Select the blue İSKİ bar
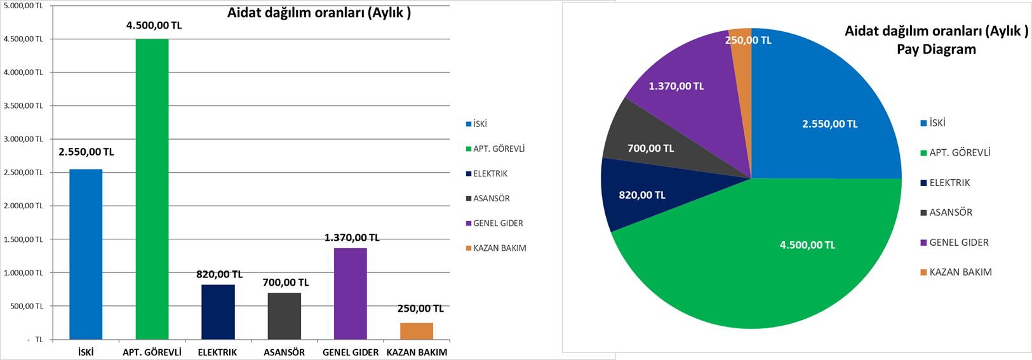86,254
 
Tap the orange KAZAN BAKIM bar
417,331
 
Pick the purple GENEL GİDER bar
350,293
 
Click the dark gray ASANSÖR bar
284,316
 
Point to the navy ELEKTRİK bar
218,312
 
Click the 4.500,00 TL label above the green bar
154,25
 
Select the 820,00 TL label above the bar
219,274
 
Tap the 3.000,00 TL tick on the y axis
23,139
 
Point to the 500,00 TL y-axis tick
27,306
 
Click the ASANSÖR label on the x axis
284,352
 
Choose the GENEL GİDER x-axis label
351,352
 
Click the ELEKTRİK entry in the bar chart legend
490,173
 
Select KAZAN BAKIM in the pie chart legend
960,272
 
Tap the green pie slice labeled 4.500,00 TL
775,267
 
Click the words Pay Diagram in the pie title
936,50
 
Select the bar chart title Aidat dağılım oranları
319,13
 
